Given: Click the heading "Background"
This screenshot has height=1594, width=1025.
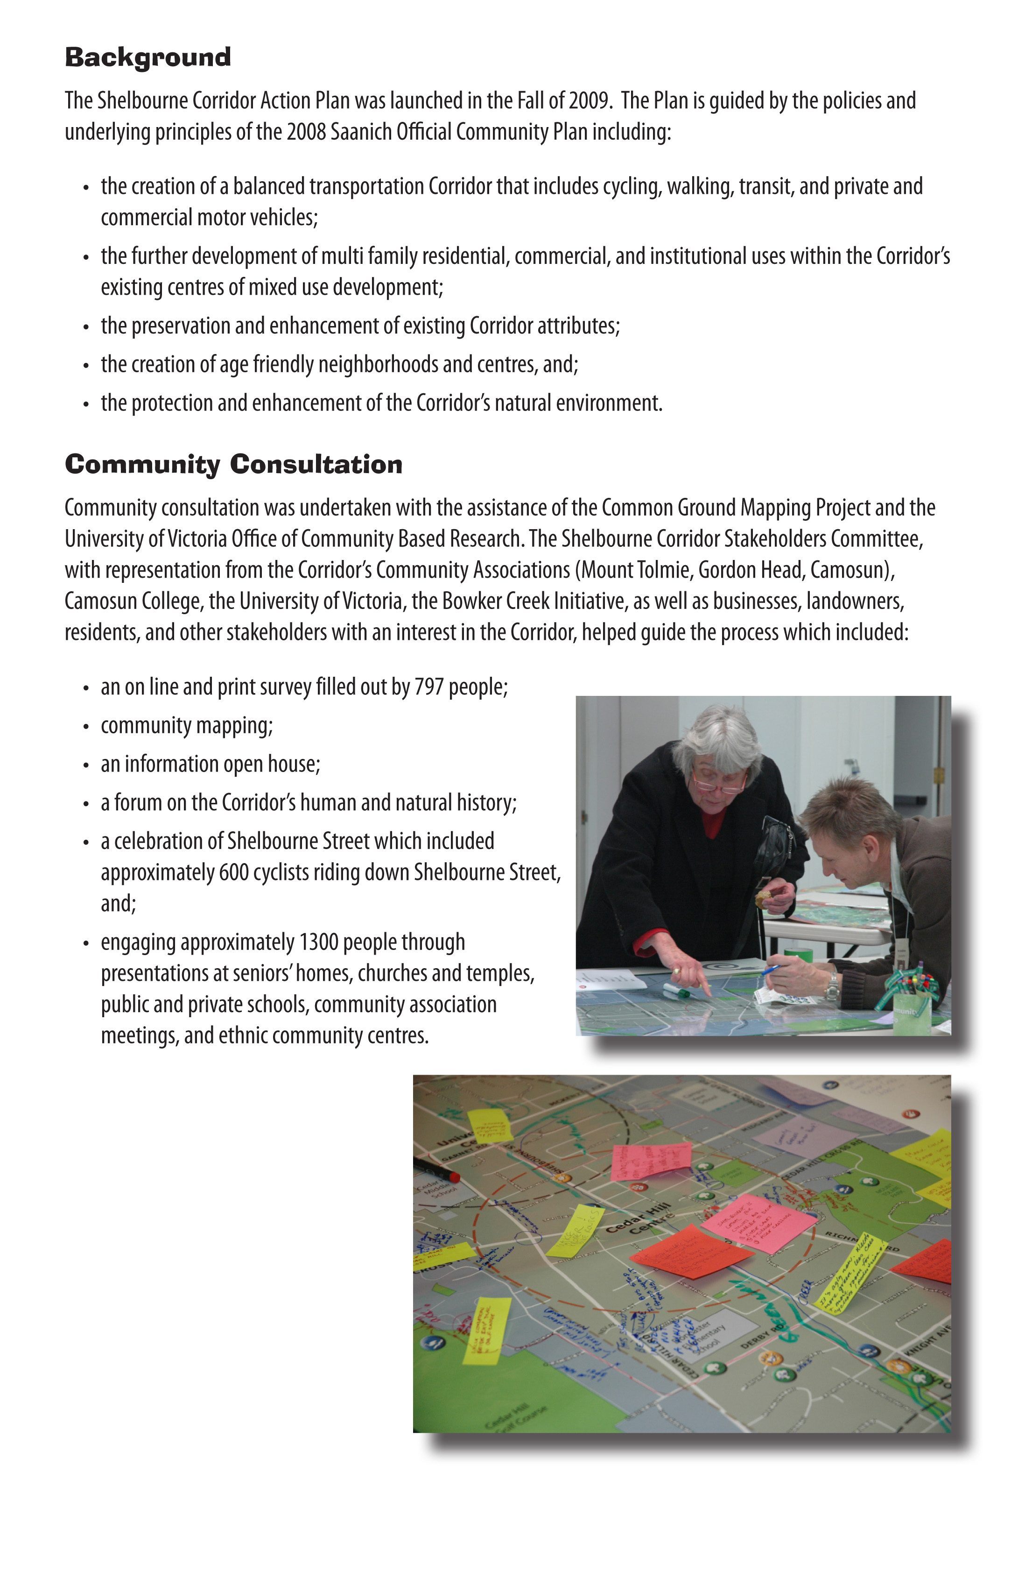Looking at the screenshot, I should (x=148, y=58).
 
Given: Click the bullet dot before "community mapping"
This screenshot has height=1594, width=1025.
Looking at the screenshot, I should (x=86, y=727).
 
